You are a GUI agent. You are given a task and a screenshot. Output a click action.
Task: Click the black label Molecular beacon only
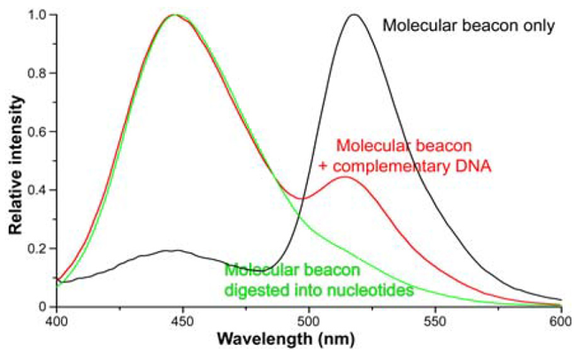pos(468,25)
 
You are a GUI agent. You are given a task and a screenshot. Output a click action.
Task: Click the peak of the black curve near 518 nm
pos(355,14)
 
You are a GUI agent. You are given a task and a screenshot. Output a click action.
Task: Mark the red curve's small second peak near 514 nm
pos(344,177)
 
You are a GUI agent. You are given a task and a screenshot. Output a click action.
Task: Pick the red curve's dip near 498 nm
pos(303,198)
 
